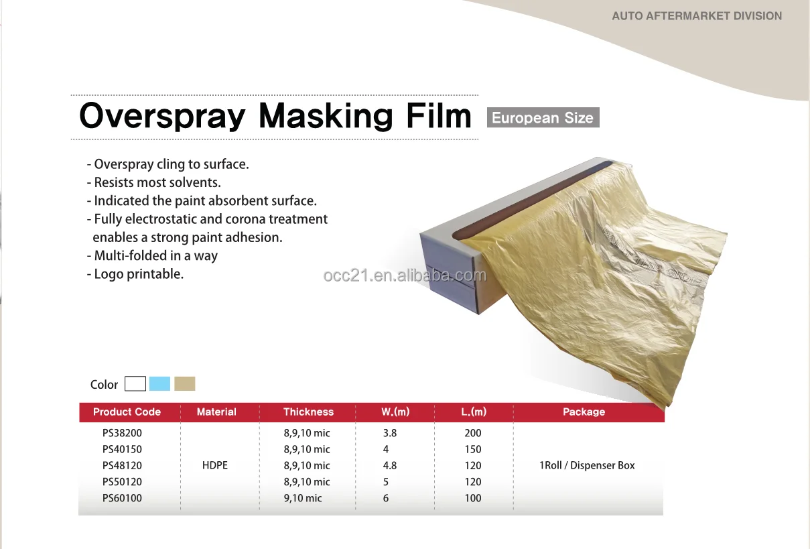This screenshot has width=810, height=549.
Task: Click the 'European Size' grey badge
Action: [543, 118]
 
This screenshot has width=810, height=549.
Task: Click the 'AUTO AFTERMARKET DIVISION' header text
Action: [697, 15]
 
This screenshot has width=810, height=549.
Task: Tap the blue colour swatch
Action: [159, 383]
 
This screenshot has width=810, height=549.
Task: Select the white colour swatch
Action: [135, 383]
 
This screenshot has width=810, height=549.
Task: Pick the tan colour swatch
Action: [184, 383]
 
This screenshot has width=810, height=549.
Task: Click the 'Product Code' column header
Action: [127, 412]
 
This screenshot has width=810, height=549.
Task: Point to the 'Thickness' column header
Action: [308, 412]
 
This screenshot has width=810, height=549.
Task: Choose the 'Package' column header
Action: [584, 412]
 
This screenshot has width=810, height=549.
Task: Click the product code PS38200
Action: [122, 433]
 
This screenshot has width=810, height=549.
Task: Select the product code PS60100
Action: [122, 498]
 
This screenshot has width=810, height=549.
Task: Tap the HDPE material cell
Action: [215, 465]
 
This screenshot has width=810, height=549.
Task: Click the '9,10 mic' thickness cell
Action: [303, 498]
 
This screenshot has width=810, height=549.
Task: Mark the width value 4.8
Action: [389, 465]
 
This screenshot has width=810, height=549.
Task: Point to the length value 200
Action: [473, 433]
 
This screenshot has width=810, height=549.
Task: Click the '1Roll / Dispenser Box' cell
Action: [587, 465]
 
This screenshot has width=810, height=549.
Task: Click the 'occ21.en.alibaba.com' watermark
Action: [405, 276]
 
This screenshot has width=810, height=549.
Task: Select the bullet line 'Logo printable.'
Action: [136, 273]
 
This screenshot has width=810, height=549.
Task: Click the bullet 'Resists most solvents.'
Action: [154, 182]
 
